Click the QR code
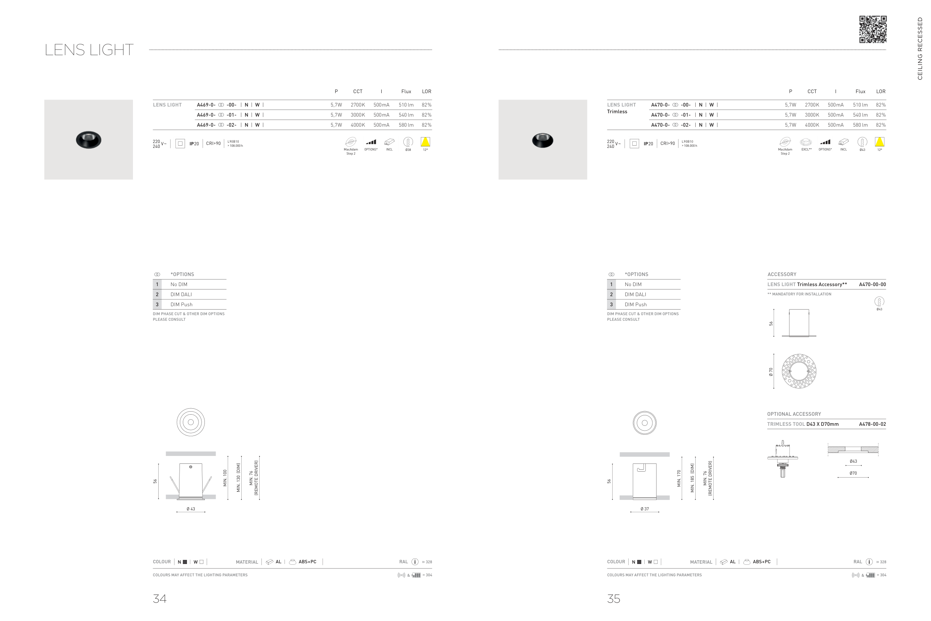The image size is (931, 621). (873, 29)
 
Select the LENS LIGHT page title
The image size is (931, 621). (89, 50)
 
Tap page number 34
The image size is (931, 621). (159, 598)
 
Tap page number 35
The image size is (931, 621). (614, 598)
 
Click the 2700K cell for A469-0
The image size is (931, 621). (358, 105)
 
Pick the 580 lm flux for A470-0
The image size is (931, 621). (860, 125)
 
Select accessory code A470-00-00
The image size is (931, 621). (873, 284)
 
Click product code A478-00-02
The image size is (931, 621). (873, 424)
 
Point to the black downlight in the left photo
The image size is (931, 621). (89, 139)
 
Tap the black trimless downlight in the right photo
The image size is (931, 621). (543, 140)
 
